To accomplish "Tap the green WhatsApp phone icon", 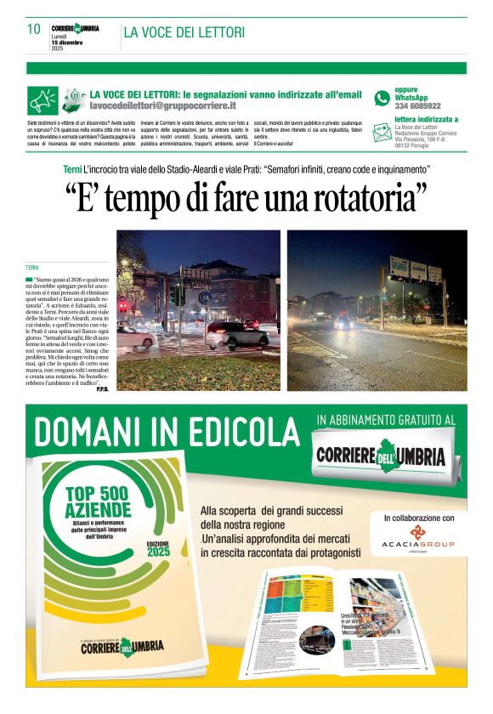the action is tap(382, 98).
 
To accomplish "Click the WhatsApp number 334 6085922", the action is tap(417, 106).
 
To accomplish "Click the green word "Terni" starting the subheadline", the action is tap(73, 171).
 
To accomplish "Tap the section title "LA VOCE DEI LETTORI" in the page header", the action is tap(184, 32).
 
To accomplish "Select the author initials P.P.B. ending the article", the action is tap(102, 388).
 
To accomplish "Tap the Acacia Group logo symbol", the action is tap(419, 532).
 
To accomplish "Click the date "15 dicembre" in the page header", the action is tap(67, 42).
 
